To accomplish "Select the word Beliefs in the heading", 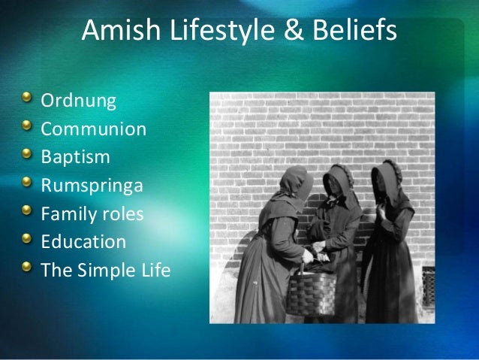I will [x=349, y=32].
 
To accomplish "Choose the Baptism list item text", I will [x=75, y=157].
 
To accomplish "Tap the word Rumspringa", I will [x=91, y=186].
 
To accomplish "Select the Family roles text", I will [x=92, y=215].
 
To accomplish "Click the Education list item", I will [x=83, y=243].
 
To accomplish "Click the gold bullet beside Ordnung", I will [x=28, y=98].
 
